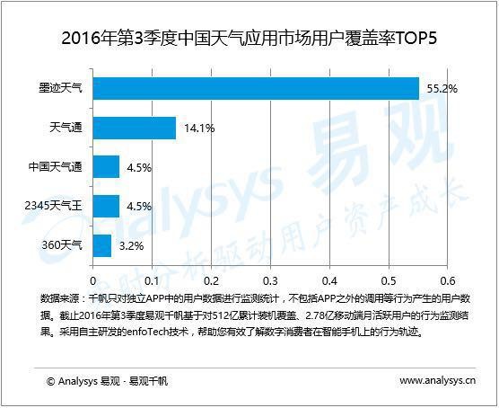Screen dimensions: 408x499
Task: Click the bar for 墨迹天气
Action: (256, 89)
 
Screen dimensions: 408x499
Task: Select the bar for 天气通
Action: (135, 129)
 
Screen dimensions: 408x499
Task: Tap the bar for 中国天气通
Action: (106, 167)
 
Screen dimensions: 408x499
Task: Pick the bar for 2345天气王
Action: (106, 206)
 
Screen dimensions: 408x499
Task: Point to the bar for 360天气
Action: (102, 244)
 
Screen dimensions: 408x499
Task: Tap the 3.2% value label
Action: (132, 244)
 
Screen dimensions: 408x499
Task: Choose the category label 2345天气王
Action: (53, 206)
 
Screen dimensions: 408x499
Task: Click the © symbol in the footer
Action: (51, 381)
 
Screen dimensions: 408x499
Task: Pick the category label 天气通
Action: (66, 129)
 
